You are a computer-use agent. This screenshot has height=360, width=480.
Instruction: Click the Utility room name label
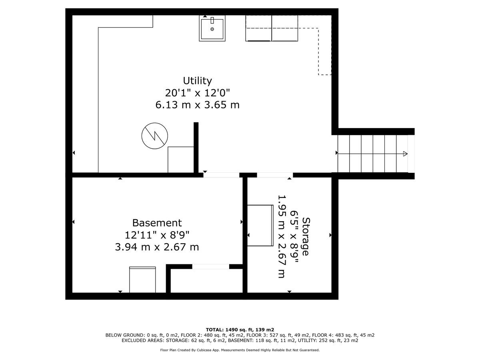coord(197,81)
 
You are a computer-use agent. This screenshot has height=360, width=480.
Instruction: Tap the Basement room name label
coord(157,223)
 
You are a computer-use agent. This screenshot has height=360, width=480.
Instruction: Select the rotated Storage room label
coord(306,236)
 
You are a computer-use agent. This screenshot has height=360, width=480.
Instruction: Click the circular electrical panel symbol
coord(155,136)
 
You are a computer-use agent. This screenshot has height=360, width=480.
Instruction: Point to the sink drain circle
coord(212,29)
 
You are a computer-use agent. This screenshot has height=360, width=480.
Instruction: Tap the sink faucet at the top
coord(212,20)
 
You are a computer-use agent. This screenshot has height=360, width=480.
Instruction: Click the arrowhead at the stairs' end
coord(405,154)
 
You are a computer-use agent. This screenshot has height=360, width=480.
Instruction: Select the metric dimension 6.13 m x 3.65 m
coord(197,105)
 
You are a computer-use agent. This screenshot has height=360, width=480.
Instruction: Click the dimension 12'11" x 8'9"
coord(157,235)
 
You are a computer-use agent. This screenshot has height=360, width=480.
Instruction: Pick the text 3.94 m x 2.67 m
coord(157,247)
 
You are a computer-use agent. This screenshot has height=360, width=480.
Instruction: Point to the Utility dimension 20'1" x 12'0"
coord(197,93)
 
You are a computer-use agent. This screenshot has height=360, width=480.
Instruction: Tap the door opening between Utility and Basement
coord(221,175)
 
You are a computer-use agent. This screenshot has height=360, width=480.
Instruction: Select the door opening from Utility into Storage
coord(275,175)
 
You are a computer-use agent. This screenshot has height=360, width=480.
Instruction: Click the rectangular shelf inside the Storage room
coord(260,225)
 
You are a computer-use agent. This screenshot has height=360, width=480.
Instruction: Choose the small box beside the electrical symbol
coord(181,160)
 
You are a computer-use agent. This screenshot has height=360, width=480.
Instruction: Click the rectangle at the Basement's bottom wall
coord(142,280)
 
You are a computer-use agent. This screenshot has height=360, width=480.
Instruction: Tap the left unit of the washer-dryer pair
coord(258,28)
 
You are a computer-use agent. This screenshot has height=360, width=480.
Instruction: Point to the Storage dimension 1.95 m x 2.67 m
coord(282,236)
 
